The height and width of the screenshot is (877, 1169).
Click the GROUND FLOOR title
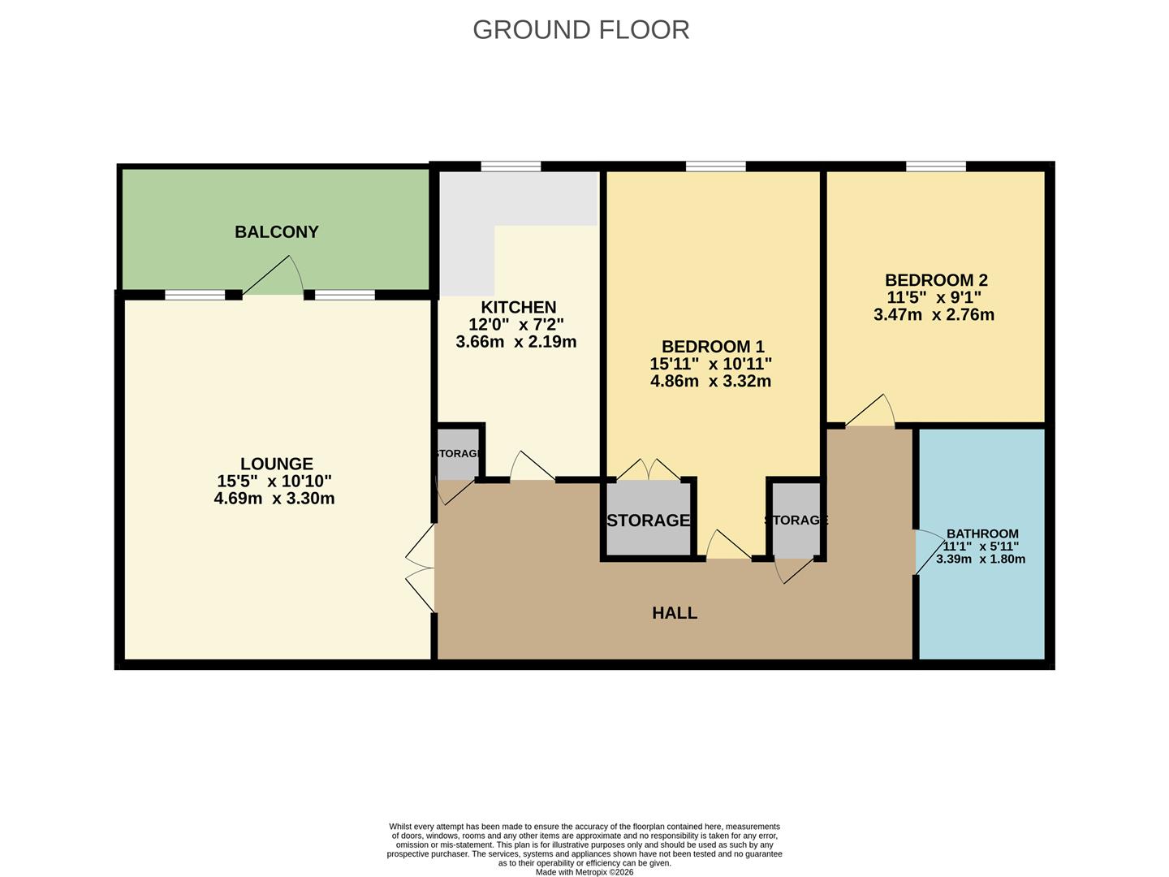pyautogui.click(x=580, y=29)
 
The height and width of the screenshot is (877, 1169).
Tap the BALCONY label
pyautogui.click(x=276, y=232)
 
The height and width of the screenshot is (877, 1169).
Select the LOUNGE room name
pyautogui.click(x=276, y=464)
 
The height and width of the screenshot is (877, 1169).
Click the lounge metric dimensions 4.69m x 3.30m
pyautogui.click(x=274, y=499)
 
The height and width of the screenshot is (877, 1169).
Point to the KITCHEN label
pyautogui.click(x=518, y=308)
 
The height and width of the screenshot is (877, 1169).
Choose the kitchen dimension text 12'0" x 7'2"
pyautogui.click(x=516, y=325)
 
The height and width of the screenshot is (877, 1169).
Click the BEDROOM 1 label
pyautogui.click(x=712, y=347)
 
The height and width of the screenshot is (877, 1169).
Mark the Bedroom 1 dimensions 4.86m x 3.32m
pyautogui.click(x=710, y=381)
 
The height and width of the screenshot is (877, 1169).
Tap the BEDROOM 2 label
pyautogui.click(x=936, y=280)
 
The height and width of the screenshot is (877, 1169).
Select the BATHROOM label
pyautogui.click(x=981, y=534)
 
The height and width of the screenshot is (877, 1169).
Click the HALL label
pyautogui.click(x=675, y=613)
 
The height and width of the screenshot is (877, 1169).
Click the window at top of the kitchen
pyautogui.click(x=510, y=167)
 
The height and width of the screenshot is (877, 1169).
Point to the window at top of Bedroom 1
pyautogui.click(x=715, y=167)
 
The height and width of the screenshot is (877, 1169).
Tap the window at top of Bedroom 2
pyautogui.click(x=936, y=167)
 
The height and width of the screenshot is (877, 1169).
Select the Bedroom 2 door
pyautogui.click(x=871, y=413)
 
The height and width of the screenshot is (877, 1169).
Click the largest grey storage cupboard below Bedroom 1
pyautogui.click(x=648, y=520)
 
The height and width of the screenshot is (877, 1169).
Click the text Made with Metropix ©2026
pyautogui.click(x=584, y=872)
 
